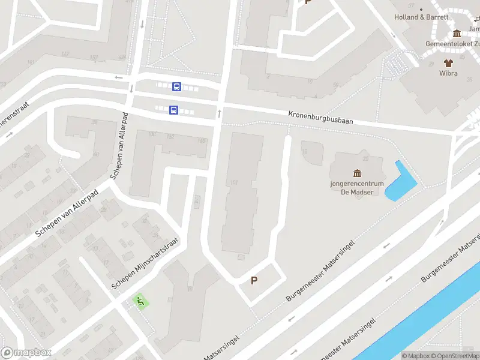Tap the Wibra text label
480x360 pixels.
(448, 73)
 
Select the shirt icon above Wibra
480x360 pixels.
(448, 62)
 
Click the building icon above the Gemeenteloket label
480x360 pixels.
(457, 34)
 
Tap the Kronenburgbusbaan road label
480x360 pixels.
(320, 116)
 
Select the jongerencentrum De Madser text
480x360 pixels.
(357, 188)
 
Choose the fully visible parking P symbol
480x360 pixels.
(254, 280)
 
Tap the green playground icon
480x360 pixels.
(140, 301)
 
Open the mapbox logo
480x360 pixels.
(26, 352)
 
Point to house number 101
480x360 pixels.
(234, 182)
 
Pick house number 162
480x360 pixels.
(170, 137)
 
